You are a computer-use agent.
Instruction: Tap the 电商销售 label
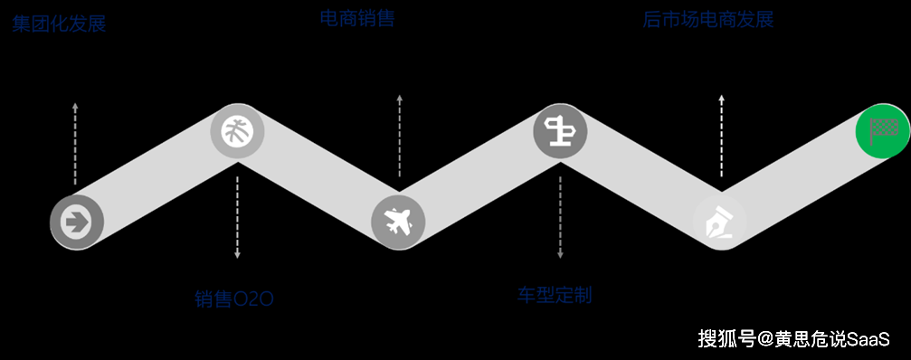357,18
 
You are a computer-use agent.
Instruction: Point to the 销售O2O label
233,299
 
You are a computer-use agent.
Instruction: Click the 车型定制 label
555,295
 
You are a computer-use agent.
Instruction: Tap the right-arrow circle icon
77,220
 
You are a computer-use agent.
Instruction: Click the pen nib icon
720,221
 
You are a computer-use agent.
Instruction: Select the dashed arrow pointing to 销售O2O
237,217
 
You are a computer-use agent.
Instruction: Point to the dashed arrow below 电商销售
399,136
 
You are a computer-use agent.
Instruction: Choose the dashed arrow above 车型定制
560,217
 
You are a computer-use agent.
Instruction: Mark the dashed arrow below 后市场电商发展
721,136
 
